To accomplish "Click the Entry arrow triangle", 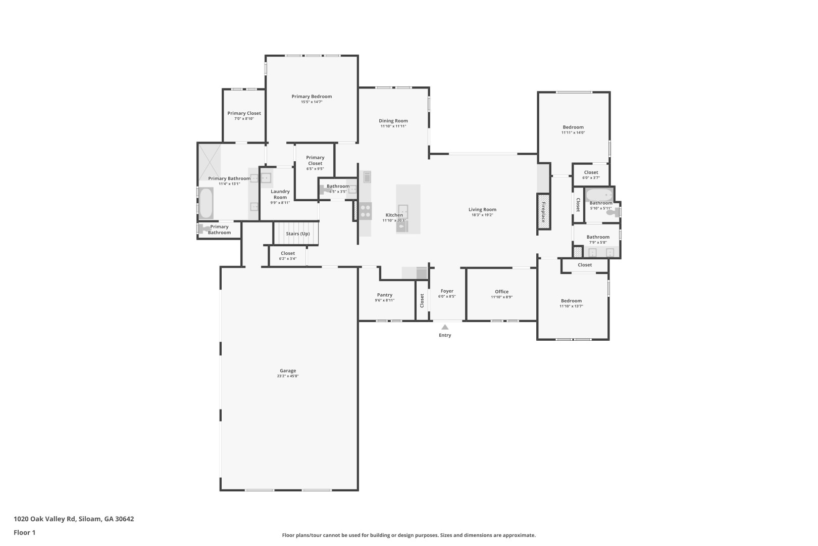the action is [x=445, y=327].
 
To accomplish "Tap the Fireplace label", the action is [x=543, y=212].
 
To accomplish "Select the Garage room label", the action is [x=288, y=371].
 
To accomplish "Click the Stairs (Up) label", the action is [x=297, y=234].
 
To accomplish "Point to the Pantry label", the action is [x=385, y=295].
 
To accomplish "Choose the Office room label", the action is [x=502, y=292].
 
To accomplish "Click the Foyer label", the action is [x=447, y=291].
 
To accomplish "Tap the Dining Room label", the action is [x=393, y=121].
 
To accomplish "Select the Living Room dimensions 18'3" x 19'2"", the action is [x=482, y=215].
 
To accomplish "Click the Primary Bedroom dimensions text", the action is [x=312, y=102].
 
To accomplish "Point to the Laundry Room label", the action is [x=280, y=194].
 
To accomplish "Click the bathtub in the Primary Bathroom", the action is [x=206, y=203].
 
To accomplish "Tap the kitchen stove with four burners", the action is [x=365, y=211].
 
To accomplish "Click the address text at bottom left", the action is [x=74, y=519].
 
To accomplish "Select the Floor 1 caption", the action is [x=24, y=532].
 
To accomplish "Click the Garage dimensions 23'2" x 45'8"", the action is [x=288, y=376].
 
